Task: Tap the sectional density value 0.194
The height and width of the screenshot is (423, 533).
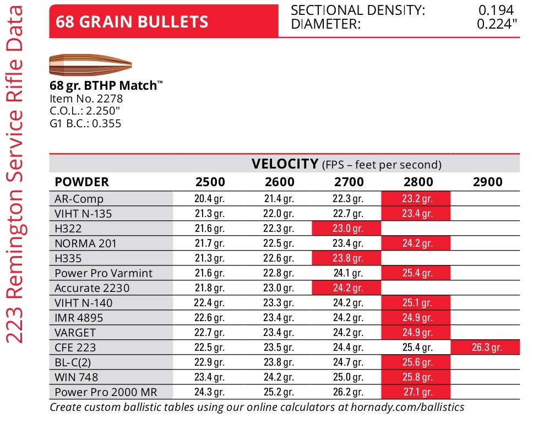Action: pos(496,10)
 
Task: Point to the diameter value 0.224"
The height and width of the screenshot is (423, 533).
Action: pos(497,24)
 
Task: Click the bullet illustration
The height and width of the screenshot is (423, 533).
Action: pos(90,66)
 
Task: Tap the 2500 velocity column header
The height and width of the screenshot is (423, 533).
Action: pos(210,182)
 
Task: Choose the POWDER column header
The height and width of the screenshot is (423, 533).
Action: pos(81,182)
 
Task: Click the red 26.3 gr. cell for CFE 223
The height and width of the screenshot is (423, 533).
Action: pos(486,348)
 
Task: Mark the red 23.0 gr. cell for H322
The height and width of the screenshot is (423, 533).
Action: pos(346,228)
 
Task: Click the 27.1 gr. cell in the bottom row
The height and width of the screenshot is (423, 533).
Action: pos(416,392)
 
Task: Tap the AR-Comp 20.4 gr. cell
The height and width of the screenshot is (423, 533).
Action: pos(210,199)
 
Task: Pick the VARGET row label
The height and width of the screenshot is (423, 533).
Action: pos(75,333)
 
